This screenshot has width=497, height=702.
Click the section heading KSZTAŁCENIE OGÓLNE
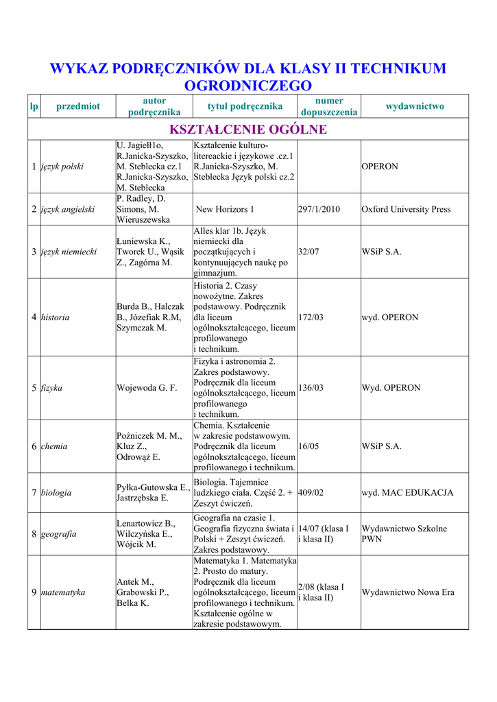click(x=247, y=130)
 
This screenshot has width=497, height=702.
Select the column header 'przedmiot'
click(x=77, y=106)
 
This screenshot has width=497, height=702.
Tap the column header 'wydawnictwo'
click(x=415, y=106)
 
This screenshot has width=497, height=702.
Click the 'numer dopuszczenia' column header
click(x=329, y=106)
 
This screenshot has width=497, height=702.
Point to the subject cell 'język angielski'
click(x=68, y=209)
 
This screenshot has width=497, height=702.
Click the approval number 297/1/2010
click(x=319, y=209)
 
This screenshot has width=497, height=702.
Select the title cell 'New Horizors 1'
click(x=225, y=209)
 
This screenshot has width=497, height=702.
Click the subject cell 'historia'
click(x=56, y=317)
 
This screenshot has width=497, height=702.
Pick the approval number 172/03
click(x=311, y=317)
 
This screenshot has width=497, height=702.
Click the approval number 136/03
click(x=311, y=388)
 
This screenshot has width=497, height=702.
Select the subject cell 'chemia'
click(x=54, y=446)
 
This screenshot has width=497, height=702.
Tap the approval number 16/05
click(x=309, y=446)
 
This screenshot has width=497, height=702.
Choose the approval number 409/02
click(x=311, y=493)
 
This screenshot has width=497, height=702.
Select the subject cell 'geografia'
click(x=58, y=534)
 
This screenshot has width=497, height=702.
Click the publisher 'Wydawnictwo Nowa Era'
click(x=408, y=592)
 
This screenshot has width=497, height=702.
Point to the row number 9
click(x=34, y=592)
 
